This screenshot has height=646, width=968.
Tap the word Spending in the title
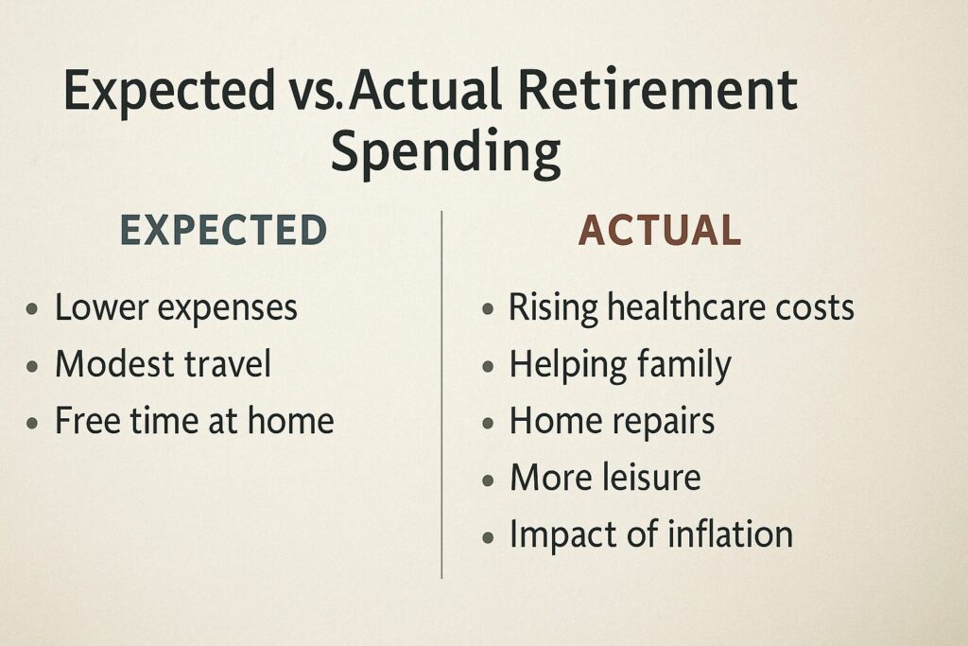pos(446,153)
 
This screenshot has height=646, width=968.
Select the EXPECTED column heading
pos(223,230)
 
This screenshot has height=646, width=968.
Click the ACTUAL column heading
pos(659,230)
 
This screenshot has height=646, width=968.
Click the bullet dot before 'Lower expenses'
pos(33,308)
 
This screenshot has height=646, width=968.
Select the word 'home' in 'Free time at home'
pos(291,420)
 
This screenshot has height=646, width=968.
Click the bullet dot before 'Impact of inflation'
pos(488,537)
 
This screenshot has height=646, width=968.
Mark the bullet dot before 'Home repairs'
pos(488,424)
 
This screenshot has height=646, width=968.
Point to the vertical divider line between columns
pos(441,394)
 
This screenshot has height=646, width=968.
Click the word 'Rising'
pos(553,307)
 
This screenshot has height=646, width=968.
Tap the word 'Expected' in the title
pos(169,93)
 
